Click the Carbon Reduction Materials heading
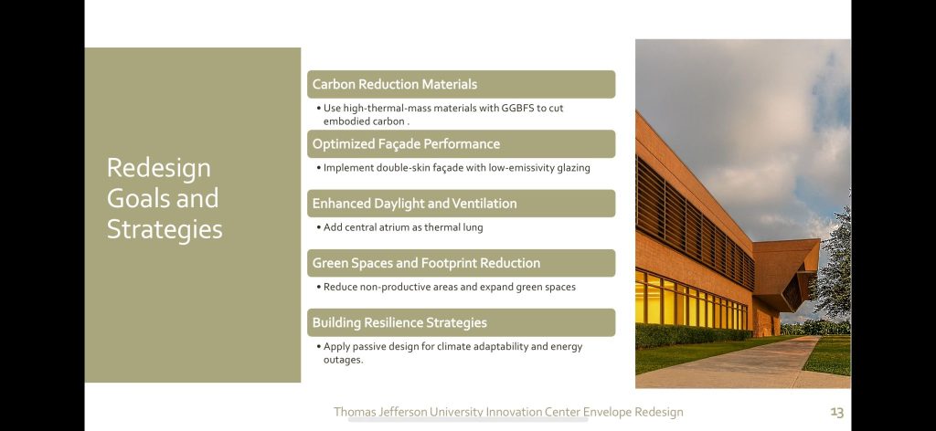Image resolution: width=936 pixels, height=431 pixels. [x=395, y=84]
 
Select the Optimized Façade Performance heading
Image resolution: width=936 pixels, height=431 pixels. [x=406, y=143]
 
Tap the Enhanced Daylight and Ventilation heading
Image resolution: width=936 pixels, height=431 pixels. [x=414, y=204]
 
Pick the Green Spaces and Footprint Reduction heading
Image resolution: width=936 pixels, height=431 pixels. [x=426, y=263]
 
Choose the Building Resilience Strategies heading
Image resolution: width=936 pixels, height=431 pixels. [x=399, y=322]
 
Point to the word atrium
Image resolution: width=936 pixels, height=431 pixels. [x=394, y=227]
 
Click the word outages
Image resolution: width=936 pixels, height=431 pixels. [x=343, y=360]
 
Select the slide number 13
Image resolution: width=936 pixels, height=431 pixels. [x=837, y=412]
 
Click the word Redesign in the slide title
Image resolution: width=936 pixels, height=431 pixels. [x=159, y=169]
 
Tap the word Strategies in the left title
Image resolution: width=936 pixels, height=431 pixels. [x=165, y=230]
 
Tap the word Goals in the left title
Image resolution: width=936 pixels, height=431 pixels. [x=139, y=198]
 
